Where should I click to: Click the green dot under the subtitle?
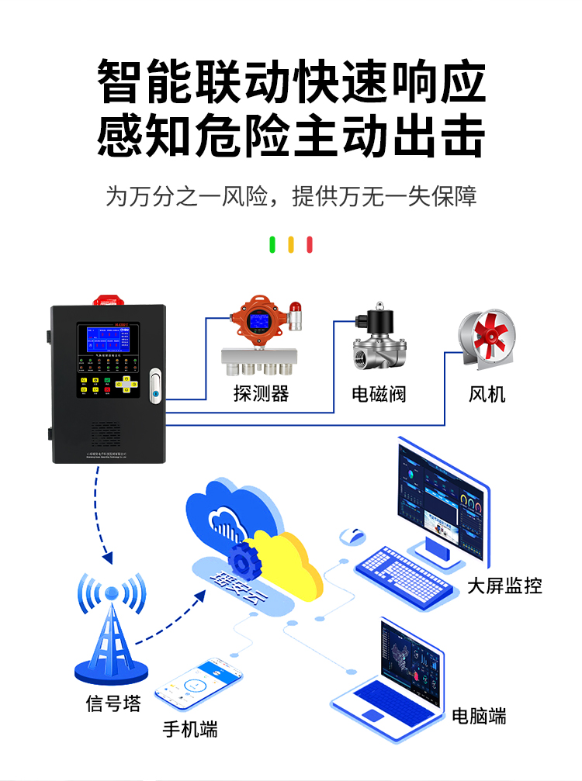(272, 245)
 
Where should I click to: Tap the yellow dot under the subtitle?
(291, 245)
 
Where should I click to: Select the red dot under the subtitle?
(310, 245)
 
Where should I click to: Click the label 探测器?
(261, 394)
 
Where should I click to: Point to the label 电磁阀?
(379, 394)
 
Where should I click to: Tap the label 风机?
(487, 394)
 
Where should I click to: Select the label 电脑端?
(479, 716)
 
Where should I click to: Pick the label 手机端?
(190, 729)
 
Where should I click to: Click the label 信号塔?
(113, 704)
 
